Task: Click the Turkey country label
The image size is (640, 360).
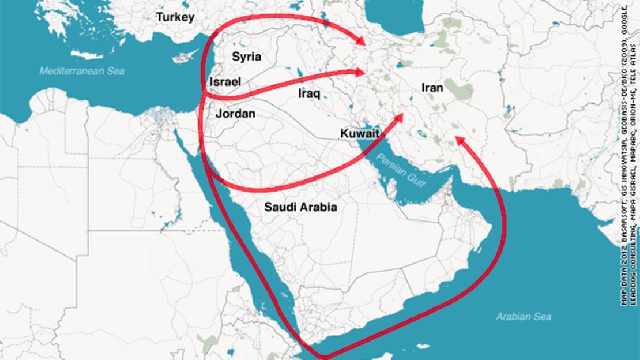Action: tap(175, 17)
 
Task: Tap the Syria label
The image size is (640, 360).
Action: tap(246, 57)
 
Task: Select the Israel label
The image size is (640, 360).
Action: tap(225, 82)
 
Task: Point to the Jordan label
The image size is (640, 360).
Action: tap(235, 114)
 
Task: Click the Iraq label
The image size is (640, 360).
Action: tap(309, 93)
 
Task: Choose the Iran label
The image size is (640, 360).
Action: tap(432, 88)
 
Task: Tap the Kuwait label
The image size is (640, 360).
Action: tap(359, 134)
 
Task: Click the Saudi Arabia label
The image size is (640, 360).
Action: tap(300, 207)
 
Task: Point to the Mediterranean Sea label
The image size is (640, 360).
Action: tap(82, 72)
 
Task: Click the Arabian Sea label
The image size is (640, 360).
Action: tap(524, 316)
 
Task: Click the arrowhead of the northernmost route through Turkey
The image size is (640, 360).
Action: tap(360, 42)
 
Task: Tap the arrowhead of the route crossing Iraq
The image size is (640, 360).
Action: tap(361, 72)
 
